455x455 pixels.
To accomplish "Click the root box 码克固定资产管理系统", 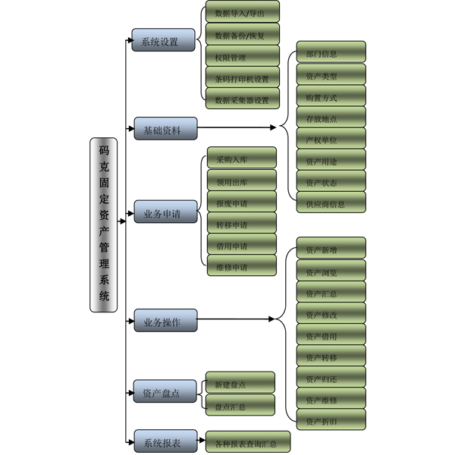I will pyautogui.click(x=104, y=225).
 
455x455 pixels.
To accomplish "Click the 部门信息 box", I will pyautogui.click(x=331, y=53).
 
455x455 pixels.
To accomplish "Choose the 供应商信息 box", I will pyautogui.click(x=331, y=202).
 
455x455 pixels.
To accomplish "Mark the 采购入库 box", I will pyautogui.click(x=242, y=160).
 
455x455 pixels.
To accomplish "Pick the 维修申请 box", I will pyautogui.click(x=242, y=266).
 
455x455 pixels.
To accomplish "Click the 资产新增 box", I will pyautogui.click(x=331, y=249).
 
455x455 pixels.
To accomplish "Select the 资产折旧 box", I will pyautogui.click(x=331, y=419).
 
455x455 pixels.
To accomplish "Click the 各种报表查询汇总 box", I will pyautogui.click(x=247, y=441).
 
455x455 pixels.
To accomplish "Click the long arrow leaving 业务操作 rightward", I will pyautogui.click(x=235, y=320).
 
